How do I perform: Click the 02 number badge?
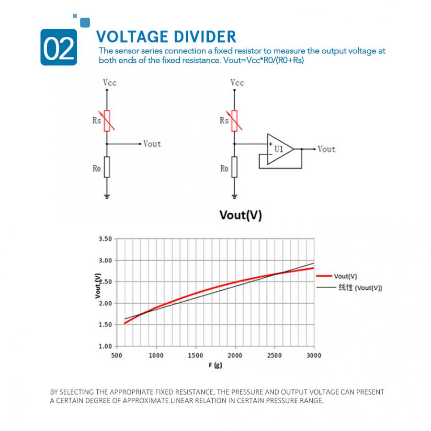[59, 47]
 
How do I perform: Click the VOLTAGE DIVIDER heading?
[166, 36]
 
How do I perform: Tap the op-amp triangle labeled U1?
[279, 149]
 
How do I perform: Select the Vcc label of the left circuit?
[110, 83]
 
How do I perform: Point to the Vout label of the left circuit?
[152, 144]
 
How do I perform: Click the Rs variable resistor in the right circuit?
[235, 120]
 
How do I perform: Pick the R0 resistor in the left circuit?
[107, 167]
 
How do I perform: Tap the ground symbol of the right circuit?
[235, 196]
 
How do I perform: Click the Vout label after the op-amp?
[326, 149]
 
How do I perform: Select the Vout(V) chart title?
[240, 215]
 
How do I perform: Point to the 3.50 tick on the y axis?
[105, 239]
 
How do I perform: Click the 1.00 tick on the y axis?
[105, 346]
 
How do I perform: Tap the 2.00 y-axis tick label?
[105, 303]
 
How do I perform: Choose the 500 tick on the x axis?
[116, 355]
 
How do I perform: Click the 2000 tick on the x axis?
[235, 355]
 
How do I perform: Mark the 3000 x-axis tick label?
[314, 355]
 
